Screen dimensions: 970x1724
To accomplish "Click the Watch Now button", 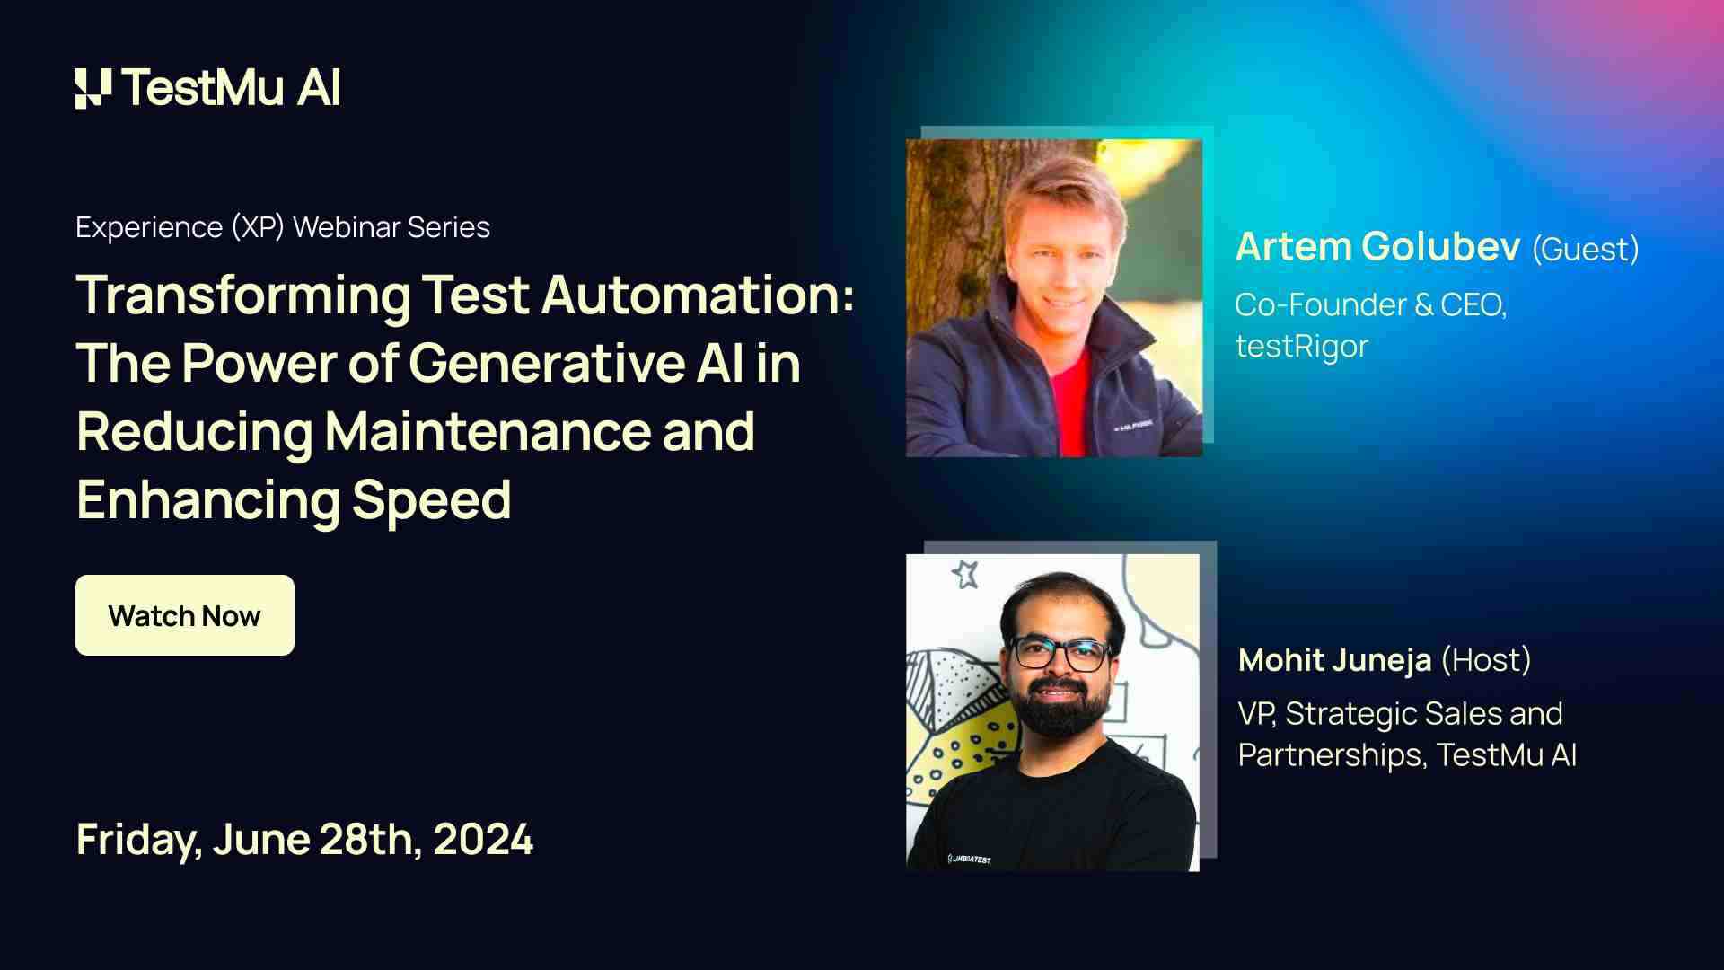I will [x=184, y=615].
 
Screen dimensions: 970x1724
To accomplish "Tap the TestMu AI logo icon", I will [x=93, y=88].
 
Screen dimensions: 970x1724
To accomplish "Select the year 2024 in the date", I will [x=483, y=839].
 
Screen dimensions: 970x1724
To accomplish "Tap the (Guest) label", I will [x=1585, y=249].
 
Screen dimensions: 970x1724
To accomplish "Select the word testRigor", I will [x=1301, y=346].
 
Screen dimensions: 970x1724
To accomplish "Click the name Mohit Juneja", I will [x=1334, y=660].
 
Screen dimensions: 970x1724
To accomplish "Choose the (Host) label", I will [x=1486, y=660].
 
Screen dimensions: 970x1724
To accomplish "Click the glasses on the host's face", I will [x=1060, y=653].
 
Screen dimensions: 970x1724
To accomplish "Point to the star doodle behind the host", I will [x=965, y=573].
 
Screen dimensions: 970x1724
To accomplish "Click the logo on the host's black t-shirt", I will [x=969, y=860].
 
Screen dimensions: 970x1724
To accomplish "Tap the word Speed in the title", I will [x=431, y=499].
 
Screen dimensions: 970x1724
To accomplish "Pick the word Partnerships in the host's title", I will [x=1331, y=755].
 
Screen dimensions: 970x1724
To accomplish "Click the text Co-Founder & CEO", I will [x=1370, y=305].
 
